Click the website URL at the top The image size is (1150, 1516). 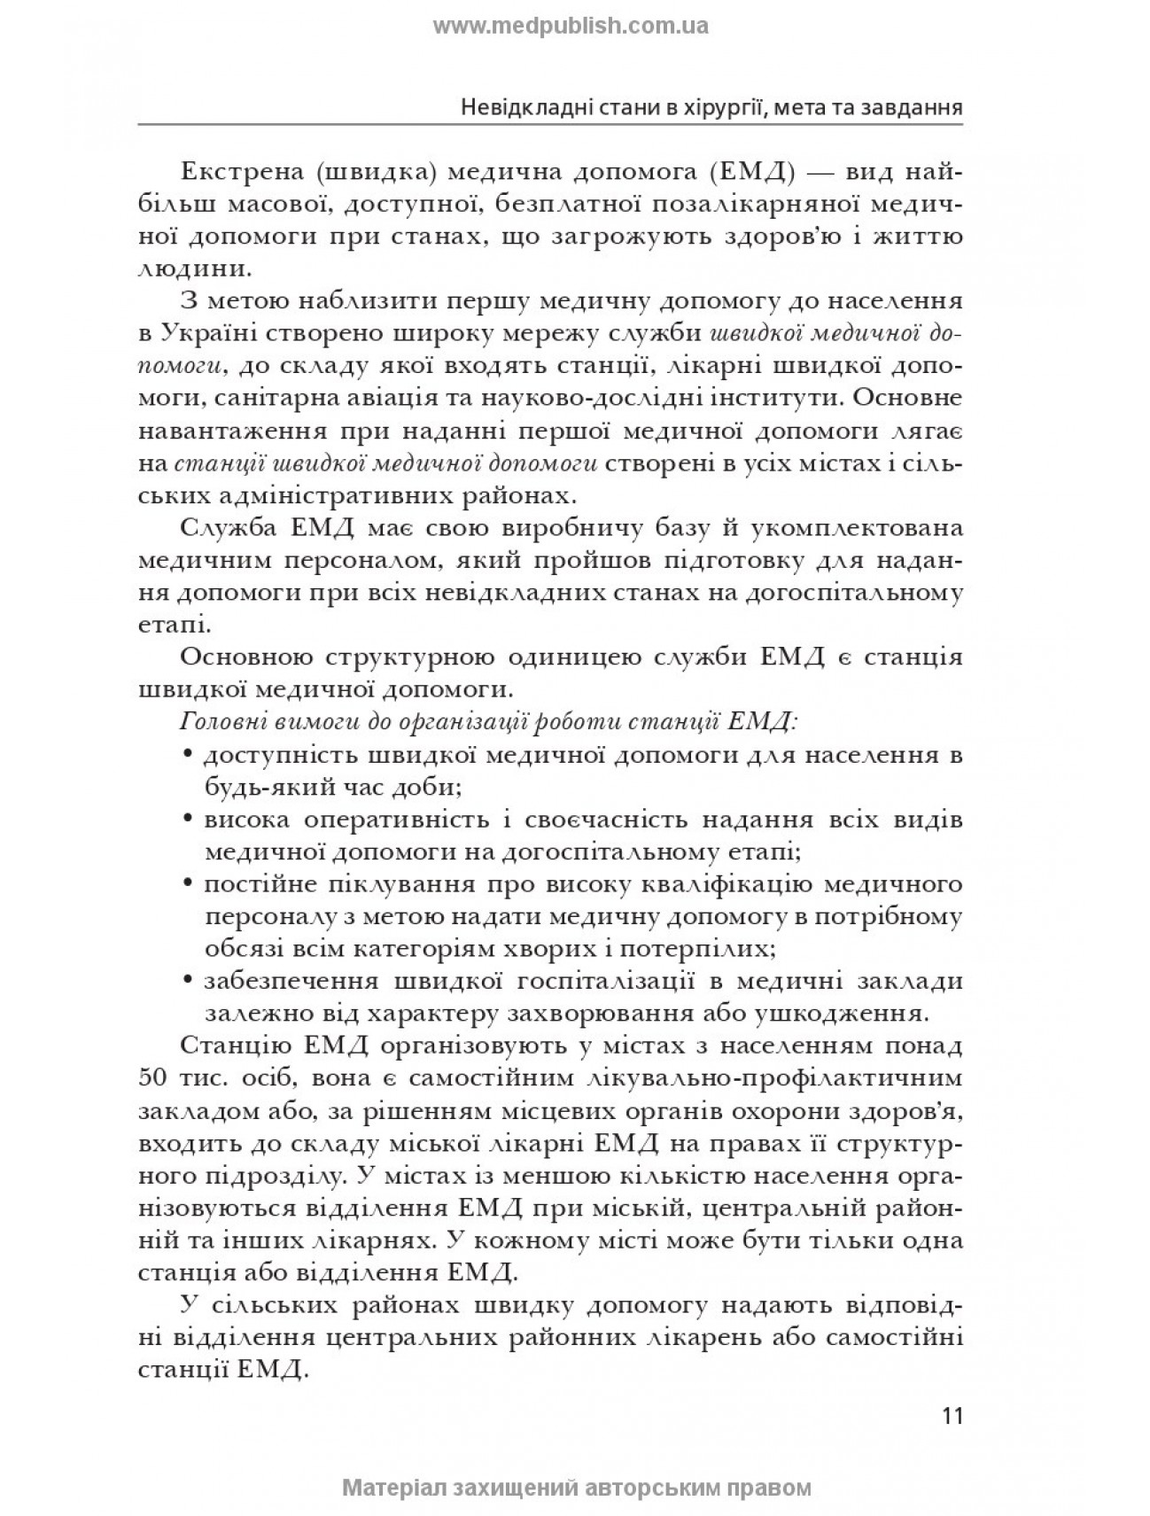coord(571,26)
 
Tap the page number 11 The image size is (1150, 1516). coord(952,1415)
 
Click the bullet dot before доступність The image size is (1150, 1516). coord(189,755)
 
